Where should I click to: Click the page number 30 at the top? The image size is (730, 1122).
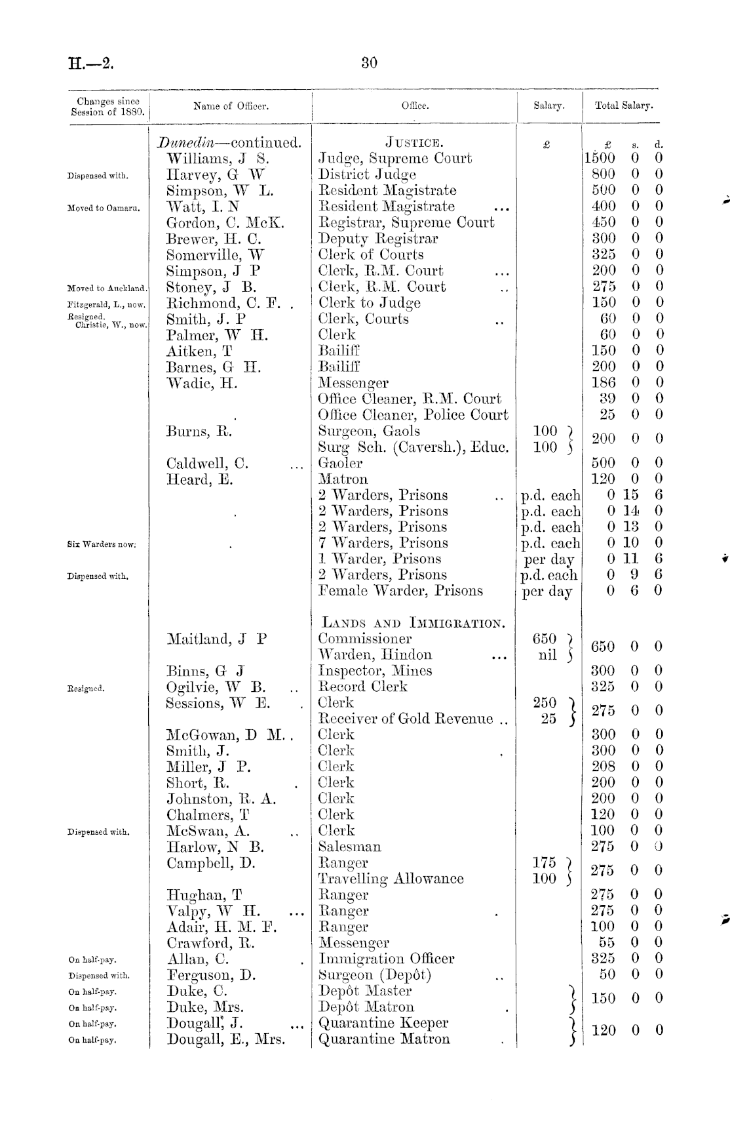coord(369,63)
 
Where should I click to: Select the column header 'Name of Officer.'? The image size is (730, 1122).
coord(231,106)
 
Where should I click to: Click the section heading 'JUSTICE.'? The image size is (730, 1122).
coord(413,142)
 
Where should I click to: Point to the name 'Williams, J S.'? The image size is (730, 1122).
coord(218,159)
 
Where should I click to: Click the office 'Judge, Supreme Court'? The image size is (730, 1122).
coord(394,159)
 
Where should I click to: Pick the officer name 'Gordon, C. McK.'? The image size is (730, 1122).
coord(225,223)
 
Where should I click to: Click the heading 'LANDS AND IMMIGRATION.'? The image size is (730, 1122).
coord(412,622)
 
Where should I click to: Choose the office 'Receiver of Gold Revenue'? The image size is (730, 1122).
coord(407,719)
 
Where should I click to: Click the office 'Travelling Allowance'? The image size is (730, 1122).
coord(391,879)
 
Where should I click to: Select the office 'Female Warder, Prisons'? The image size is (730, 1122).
coord(400,591)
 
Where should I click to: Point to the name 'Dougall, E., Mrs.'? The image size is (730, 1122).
coord(226,1039)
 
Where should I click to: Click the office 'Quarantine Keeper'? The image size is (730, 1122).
coord(383,1023)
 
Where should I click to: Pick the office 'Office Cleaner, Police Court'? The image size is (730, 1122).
coord(413,415)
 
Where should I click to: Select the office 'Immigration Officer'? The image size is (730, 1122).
coord(386,959)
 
